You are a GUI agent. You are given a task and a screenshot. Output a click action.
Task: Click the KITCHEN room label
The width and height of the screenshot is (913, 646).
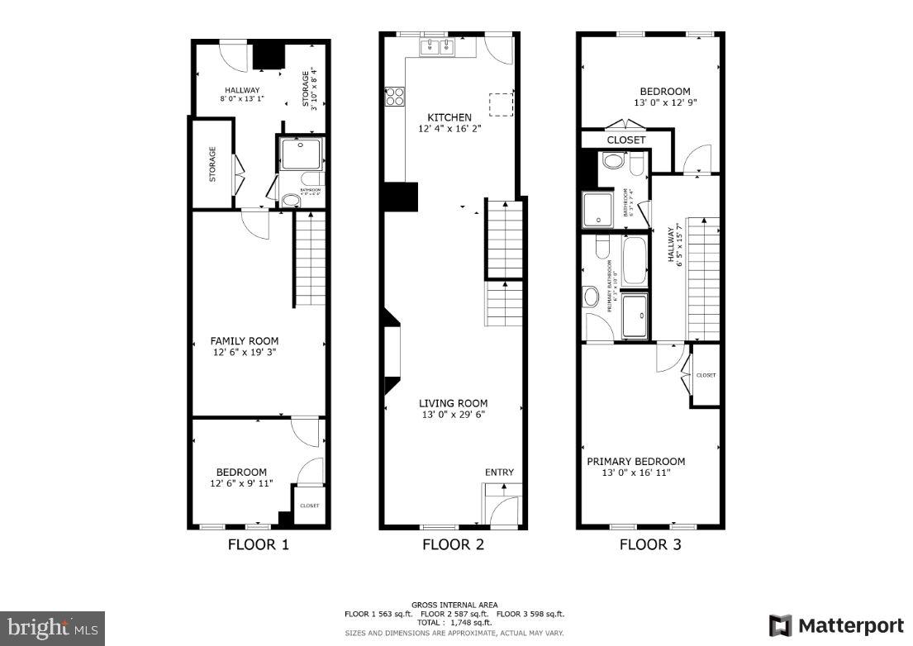pyautogui.click(x=449, y=117)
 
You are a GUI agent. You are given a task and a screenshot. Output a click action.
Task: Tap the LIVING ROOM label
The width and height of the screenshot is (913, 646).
pyautogui.click(x=453, y=403)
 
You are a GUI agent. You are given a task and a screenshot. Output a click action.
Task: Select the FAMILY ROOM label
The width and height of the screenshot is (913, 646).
pyautogui.click(x=244, y=340)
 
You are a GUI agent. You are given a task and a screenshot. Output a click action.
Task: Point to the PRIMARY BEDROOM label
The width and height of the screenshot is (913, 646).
pyautogui.click(x=635, y=462)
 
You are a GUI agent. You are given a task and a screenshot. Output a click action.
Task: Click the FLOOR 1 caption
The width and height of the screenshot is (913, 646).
pyautogui.click(x=258, y=544)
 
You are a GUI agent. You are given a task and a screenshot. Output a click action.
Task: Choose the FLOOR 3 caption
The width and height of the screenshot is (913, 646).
pyautogui.click(x=650, y=544)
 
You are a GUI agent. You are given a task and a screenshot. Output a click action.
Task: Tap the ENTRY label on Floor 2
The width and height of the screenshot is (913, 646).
pyautogui.click(x=499, y=473)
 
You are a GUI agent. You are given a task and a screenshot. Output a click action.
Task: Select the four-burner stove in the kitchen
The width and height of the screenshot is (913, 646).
pyautogui.click(x=394, y=97)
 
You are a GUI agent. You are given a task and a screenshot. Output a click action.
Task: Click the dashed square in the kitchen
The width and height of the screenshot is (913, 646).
pyautogui.click(x=501, y=104)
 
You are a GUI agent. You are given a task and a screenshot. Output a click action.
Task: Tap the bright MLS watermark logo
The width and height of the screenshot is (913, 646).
pyautogui.click(x=51, y=627)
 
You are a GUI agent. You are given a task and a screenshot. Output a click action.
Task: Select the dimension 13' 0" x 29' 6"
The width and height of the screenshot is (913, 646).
pyautogui.click(x=453, y=415)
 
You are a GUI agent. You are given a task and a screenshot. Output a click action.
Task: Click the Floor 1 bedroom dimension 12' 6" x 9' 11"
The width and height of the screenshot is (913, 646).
pyautogui.click(x=241, y=483)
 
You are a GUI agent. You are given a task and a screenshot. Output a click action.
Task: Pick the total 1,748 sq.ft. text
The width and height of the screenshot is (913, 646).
pyautogui.click(x=454, y=622)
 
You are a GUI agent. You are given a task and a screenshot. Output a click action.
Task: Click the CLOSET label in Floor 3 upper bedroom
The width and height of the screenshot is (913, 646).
pyautogui.click(x=626, y=140)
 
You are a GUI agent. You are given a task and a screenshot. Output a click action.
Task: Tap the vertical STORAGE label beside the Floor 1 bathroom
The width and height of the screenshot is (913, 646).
pyautogui.click(x=212, y=164)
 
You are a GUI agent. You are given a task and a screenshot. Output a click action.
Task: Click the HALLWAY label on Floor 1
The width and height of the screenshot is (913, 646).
pyautogui.click(x=242, y=90)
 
